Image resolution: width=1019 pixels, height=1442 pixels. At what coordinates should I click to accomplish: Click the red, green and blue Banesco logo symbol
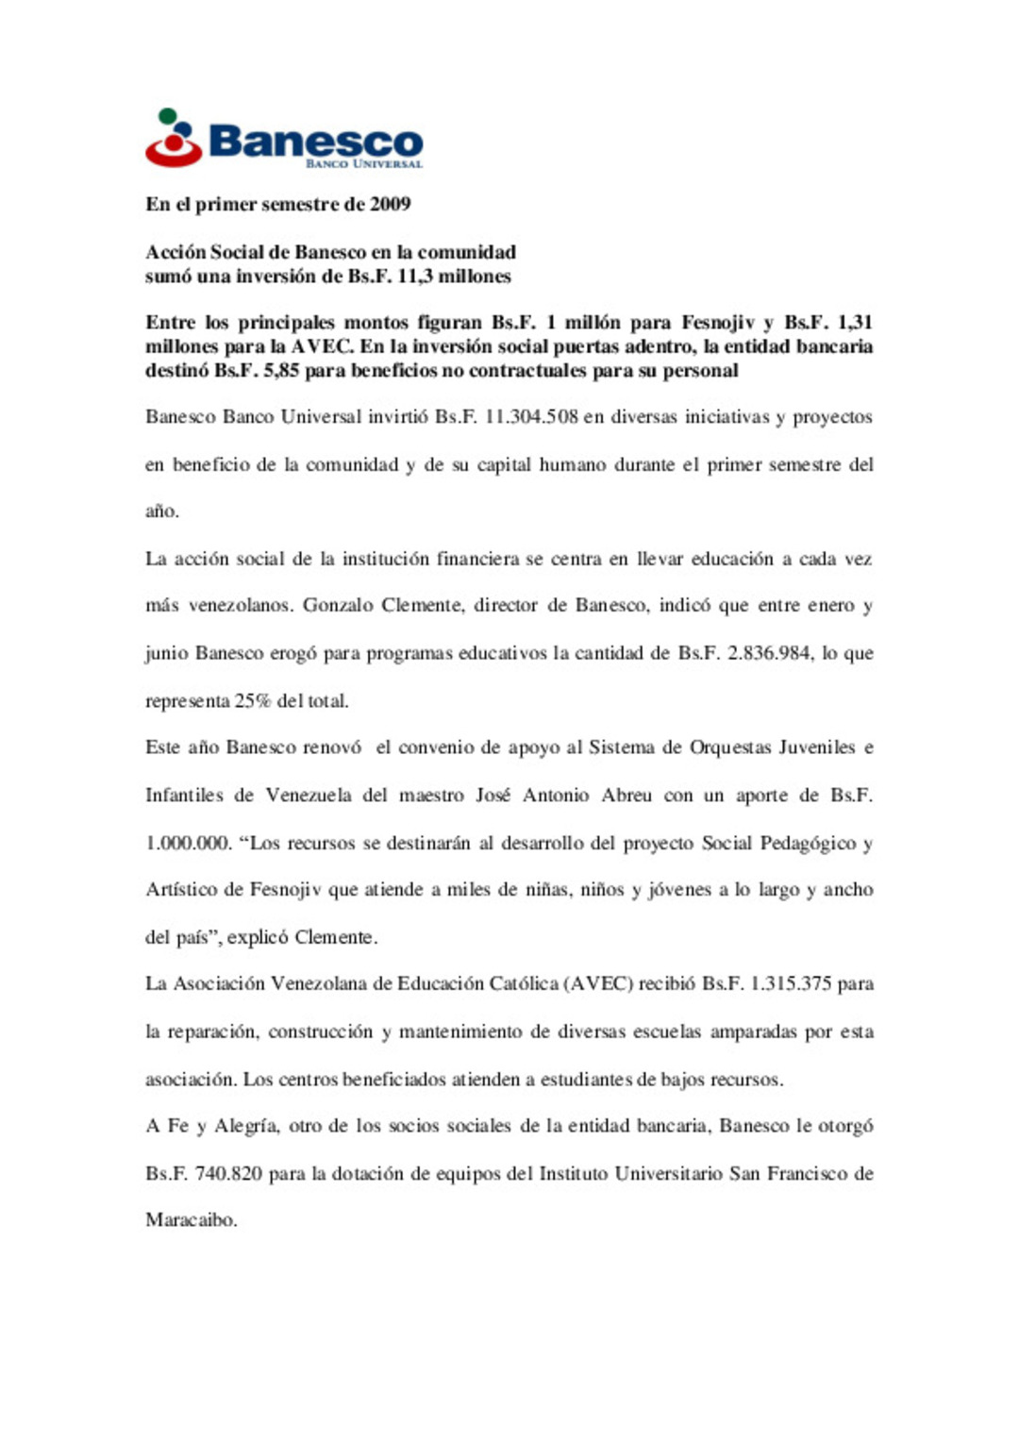click(173, 139)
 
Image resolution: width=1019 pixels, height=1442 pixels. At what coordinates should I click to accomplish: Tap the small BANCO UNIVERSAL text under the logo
click(364, 164)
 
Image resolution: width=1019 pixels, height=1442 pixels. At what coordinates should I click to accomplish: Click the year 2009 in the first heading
click(390, 204)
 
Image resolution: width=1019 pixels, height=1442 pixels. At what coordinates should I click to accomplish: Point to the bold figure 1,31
click(855, 323)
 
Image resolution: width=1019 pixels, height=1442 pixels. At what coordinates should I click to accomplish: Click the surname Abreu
click(626, 796)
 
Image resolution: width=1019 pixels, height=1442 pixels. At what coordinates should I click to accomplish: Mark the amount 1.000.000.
click(187, 843)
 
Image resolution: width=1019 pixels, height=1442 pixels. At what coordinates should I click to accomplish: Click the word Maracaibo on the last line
click(191, 1220)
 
